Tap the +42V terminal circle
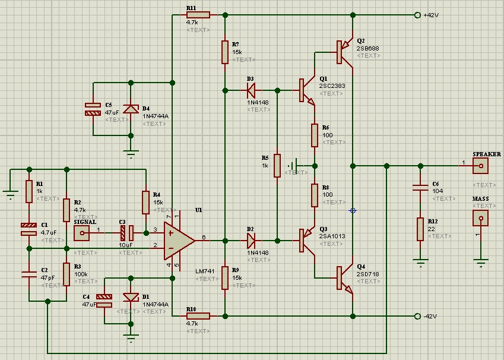pyautogui.click(x=417, y=15)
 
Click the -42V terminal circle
pyautogui.click(x=417, y=315)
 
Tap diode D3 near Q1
pyautogui.click(x=251, y=90)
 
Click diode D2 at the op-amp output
pyautogui.click(x=251, y=241)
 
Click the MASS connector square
pyautogui.click(x=480, y=218)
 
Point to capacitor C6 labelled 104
pyautogui.click(x=420, y=188)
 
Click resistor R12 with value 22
pyautogui.click(x=420, y=229)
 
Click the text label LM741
pyautogui.click(x=204, y=271)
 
